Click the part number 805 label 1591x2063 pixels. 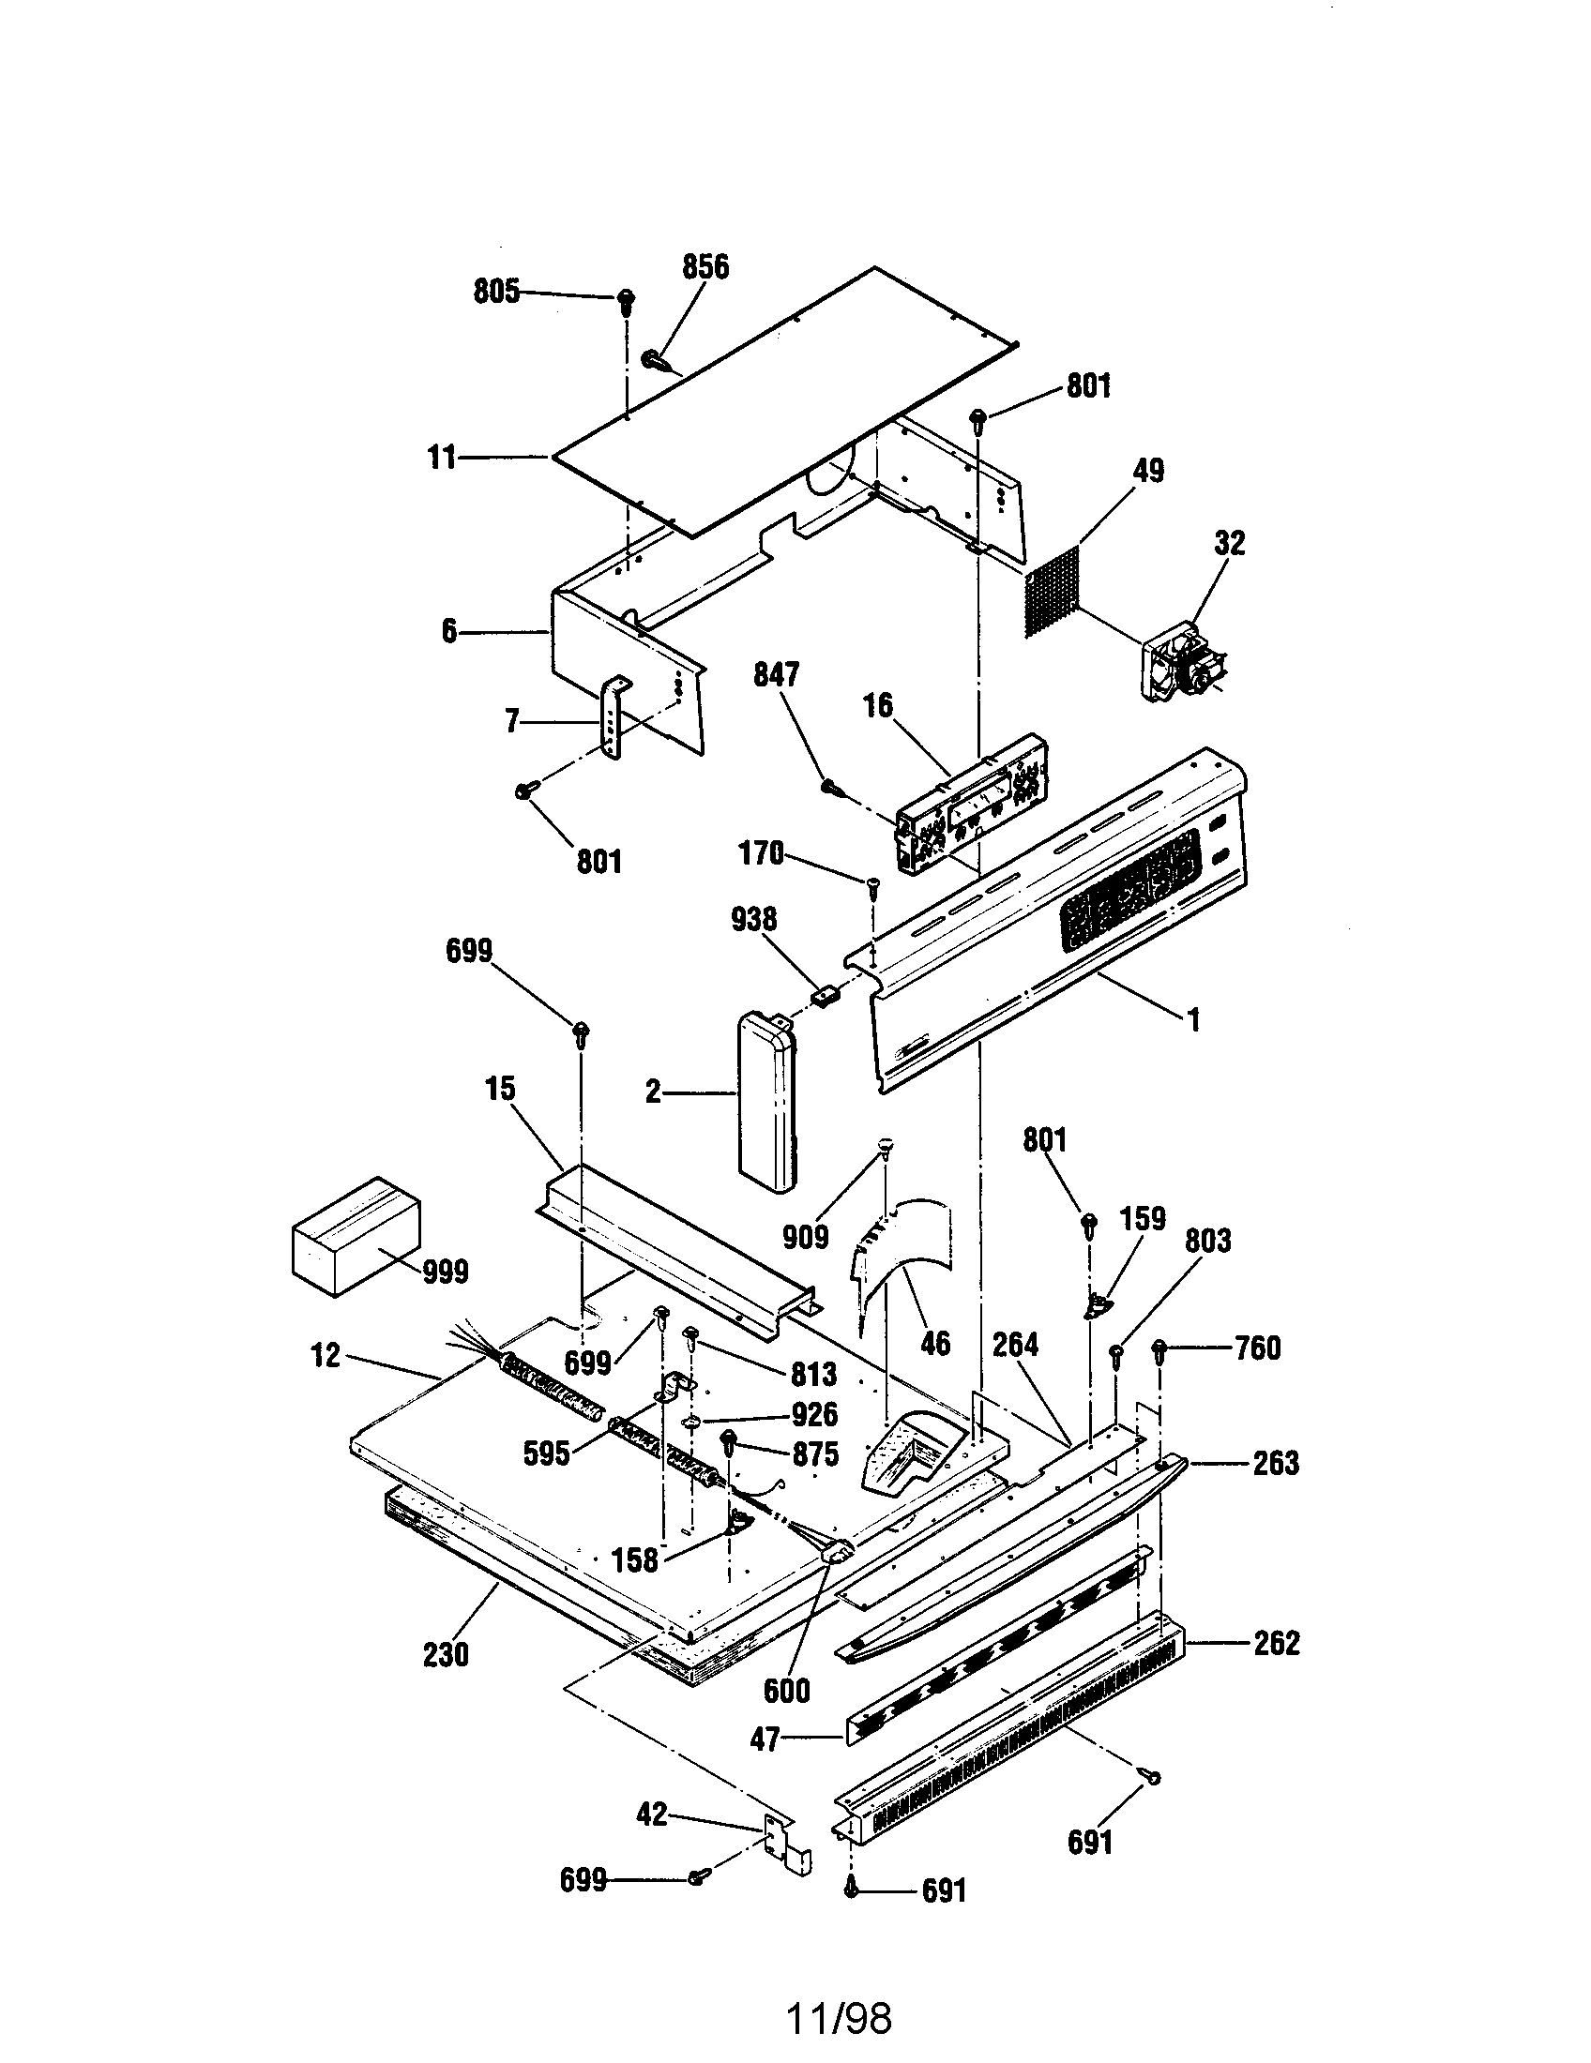click(x=496, y=292)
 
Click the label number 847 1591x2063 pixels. click(x=776, y=674)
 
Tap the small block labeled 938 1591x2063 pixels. click(x=826, y=995)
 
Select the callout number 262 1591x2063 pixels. click(x=1277, y=1643)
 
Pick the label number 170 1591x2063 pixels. click(x=761, y=854)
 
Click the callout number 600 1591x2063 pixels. click(x=786, y=1690)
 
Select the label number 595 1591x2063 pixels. click(x=546, y=1453)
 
